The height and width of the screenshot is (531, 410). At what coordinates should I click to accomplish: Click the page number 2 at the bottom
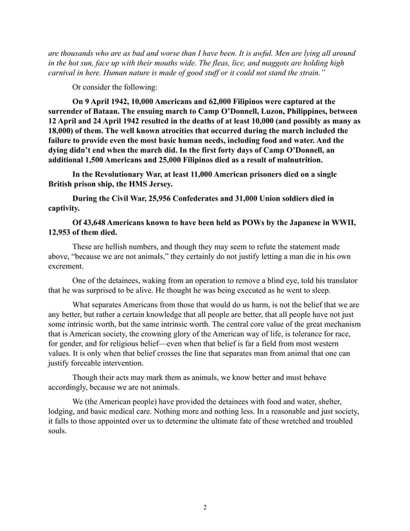coord(205,507)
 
